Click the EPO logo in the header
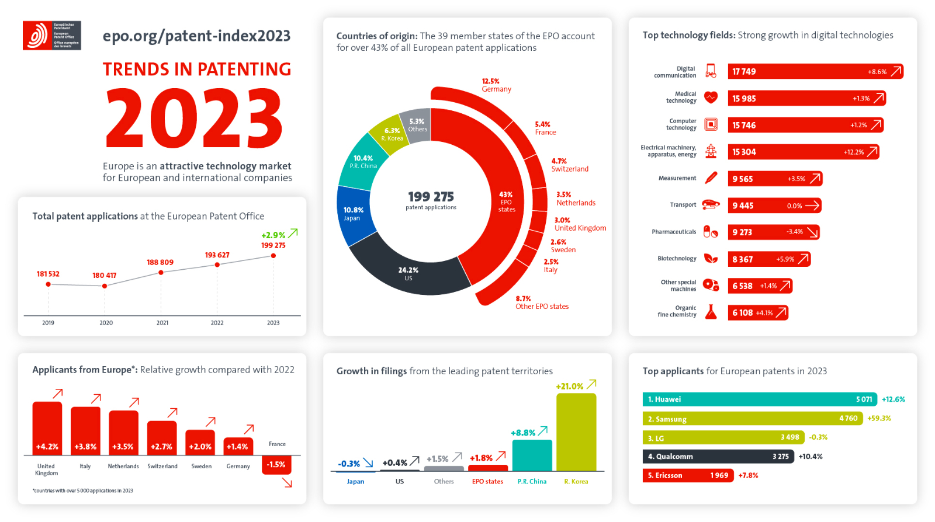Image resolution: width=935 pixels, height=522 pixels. [x=51, y=36]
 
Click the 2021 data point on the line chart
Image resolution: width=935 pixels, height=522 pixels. [x=161, y=273]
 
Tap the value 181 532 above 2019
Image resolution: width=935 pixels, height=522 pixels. [x=48, y=274]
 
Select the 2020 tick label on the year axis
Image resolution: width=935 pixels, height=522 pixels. [x=106, y=323]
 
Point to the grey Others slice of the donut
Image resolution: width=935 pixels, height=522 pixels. [x=417, y=124]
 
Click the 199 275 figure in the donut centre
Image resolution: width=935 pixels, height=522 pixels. [x=431, y=197]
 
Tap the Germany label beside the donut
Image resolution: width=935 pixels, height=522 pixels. [x=496, y=89]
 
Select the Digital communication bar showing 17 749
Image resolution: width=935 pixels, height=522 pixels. [x=815, y=72]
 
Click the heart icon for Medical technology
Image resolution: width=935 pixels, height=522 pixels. [x=711, y=98]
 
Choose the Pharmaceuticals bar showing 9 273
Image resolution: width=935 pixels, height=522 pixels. [x=773, y=232]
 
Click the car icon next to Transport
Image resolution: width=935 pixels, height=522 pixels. [x=711, y=204]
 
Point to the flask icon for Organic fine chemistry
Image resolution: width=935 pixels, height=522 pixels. [x=711, y=312]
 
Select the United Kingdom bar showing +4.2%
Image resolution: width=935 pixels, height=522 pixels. [x=47, y=429]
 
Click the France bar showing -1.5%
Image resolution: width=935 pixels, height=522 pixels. [x=276, y=465]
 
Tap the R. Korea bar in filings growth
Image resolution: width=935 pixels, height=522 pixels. [x=576, y=432]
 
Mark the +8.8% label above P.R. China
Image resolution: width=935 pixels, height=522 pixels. [x=523, y=433]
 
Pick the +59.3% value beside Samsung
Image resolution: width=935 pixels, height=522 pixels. [x=879, y=419]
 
